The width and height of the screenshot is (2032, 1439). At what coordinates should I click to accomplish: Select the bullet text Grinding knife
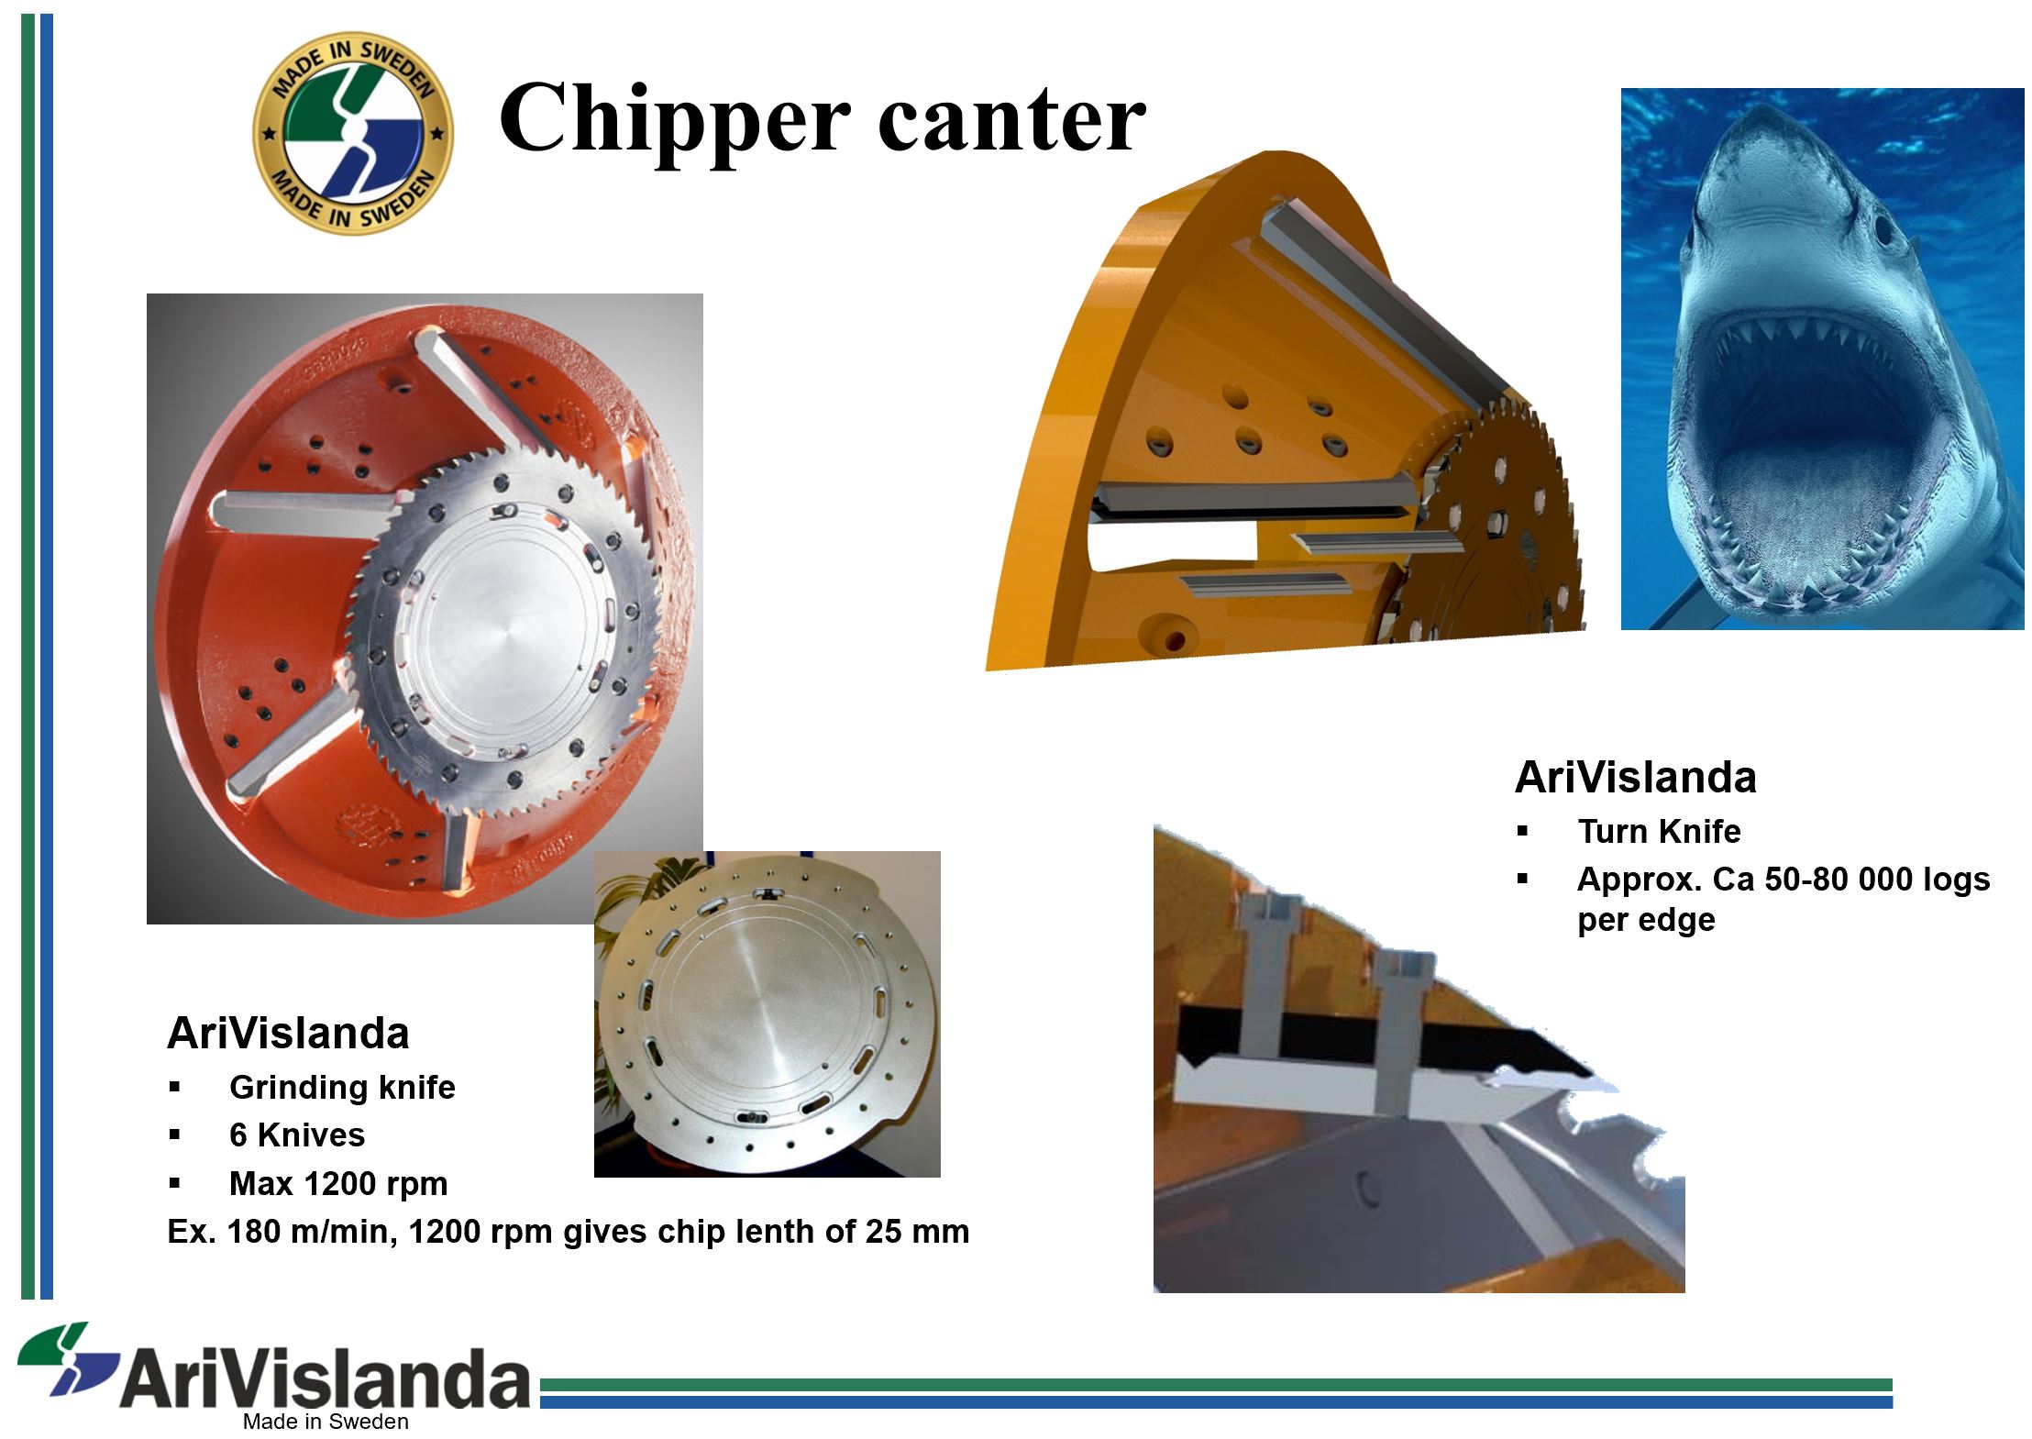coord(342,1087)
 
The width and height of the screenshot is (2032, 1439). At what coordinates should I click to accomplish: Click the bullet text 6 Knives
coord(297,1135)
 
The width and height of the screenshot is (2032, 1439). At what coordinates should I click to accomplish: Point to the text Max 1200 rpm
coord(338,1183)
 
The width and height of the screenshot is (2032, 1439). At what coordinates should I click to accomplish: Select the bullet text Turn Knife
coord(1659,831)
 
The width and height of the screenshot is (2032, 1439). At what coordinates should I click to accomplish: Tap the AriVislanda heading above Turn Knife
coord(1635,778)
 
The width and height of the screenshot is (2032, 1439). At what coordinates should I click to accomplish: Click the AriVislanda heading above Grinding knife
coord(288,1034)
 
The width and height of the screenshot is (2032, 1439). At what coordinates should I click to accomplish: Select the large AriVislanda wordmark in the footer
coord(326,1378)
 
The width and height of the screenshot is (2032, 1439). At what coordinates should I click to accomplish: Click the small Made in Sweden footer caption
coord(326,1422)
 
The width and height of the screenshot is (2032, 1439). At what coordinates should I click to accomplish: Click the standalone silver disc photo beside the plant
coord(767,1013)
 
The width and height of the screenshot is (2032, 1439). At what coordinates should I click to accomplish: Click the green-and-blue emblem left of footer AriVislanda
coord(69,1358)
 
